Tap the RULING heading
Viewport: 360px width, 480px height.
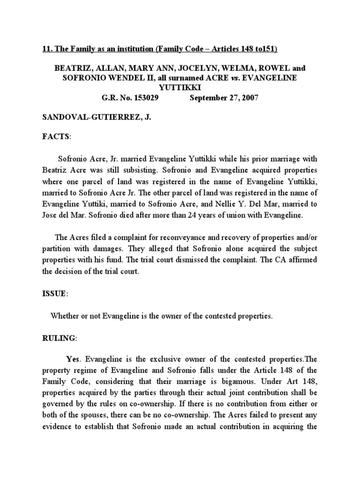(x=58, y=337)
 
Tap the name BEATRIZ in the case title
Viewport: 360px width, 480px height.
(x=72, y=67)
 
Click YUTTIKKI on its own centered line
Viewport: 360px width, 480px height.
(x=180, y=88)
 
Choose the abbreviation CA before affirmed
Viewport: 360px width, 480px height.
(x=280, y=259)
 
